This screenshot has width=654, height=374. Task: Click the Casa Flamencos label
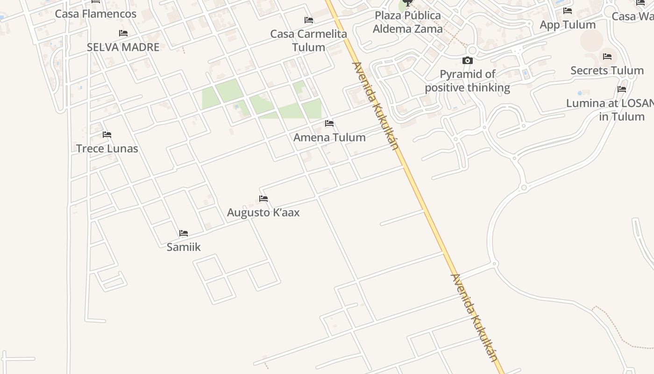(x=96, y=14)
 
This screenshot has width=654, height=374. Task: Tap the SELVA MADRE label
(x=123, y=47)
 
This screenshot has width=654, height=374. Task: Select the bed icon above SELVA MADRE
(x=123, y=33)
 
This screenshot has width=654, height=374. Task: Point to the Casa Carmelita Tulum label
(x=309, y=40)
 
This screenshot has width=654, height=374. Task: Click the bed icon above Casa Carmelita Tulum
(x=309, y=20)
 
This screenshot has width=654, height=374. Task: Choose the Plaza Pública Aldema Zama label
(x=408, y=22)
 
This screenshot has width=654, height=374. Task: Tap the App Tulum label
(x=568, y=24)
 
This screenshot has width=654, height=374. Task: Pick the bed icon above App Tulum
(x=568, y=11)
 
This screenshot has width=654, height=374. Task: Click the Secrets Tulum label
(x=607, y=71)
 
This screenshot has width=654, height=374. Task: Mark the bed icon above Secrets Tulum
(x=607, y=57)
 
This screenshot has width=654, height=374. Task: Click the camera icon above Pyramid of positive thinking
(x=467, y=61)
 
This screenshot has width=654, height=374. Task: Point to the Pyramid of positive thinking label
(x=467, y=81)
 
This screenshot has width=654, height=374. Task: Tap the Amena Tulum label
(x=329, y=137)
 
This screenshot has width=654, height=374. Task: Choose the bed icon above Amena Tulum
(x=329, y=123)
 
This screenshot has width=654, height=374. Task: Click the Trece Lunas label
(x=107, y=148)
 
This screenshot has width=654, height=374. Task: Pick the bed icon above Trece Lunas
(x=107, y=135)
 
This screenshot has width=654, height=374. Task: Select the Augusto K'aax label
(x=263, y=212)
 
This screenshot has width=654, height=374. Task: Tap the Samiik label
(x=184, y=247)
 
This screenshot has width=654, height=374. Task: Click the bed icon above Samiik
(x=184, y=233)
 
